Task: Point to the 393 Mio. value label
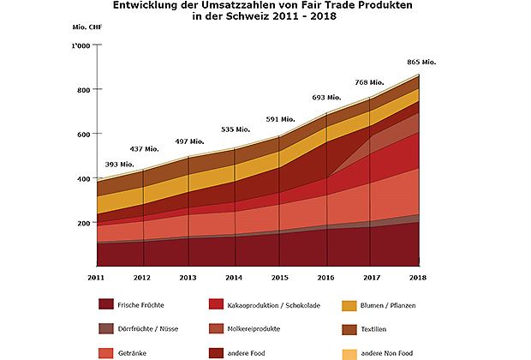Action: pyautogui.click(x=119, y=164)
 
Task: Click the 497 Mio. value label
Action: pyautogui.click(x=189, y=141)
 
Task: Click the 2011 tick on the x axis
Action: pyautogui.click(x=96, y=277)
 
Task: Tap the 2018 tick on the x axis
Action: pyautogui.click(x=419, y=277)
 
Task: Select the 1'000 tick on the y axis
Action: pyautogui.click(x=80, y=45)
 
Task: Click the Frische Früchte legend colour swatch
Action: pyautogui.click(x=106, y=303)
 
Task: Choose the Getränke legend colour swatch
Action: pyautogui.click(x=106, y=351)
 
